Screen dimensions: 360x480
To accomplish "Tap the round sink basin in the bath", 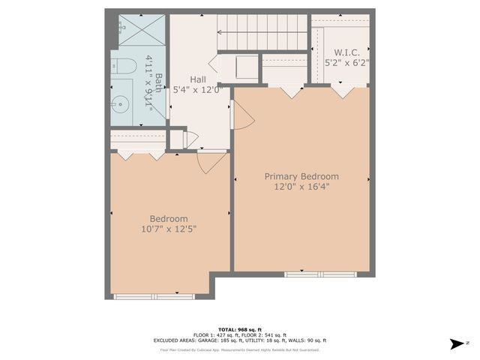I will (x=120, y=103).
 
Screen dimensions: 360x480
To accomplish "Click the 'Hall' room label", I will (x=198, y=79).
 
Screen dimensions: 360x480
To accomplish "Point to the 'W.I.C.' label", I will (x=346, y=52).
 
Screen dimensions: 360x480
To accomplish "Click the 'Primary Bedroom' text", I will (x=301, y=176).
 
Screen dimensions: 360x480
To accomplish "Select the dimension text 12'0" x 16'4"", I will (x=301, y=187).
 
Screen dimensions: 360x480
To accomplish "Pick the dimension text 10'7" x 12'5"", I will (x=169, y=229).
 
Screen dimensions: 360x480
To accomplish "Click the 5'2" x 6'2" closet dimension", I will (x=346, y=63).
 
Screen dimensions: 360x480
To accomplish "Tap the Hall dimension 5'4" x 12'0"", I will (x=198, y=90).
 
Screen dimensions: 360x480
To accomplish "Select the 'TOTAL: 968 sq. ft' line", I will (x=240, y=330).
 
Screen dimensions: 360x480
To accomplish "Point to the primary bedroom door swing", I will (x=244, y=116).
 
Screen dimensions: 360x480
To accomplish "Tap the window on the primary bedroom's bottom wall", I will (x=315, y=274).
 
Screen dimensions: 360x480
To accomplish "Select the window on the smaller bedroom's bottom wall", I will (x=144, y=297).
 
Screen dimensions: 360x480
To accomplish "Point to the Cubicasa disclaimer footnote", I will (x=240, y=349).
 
